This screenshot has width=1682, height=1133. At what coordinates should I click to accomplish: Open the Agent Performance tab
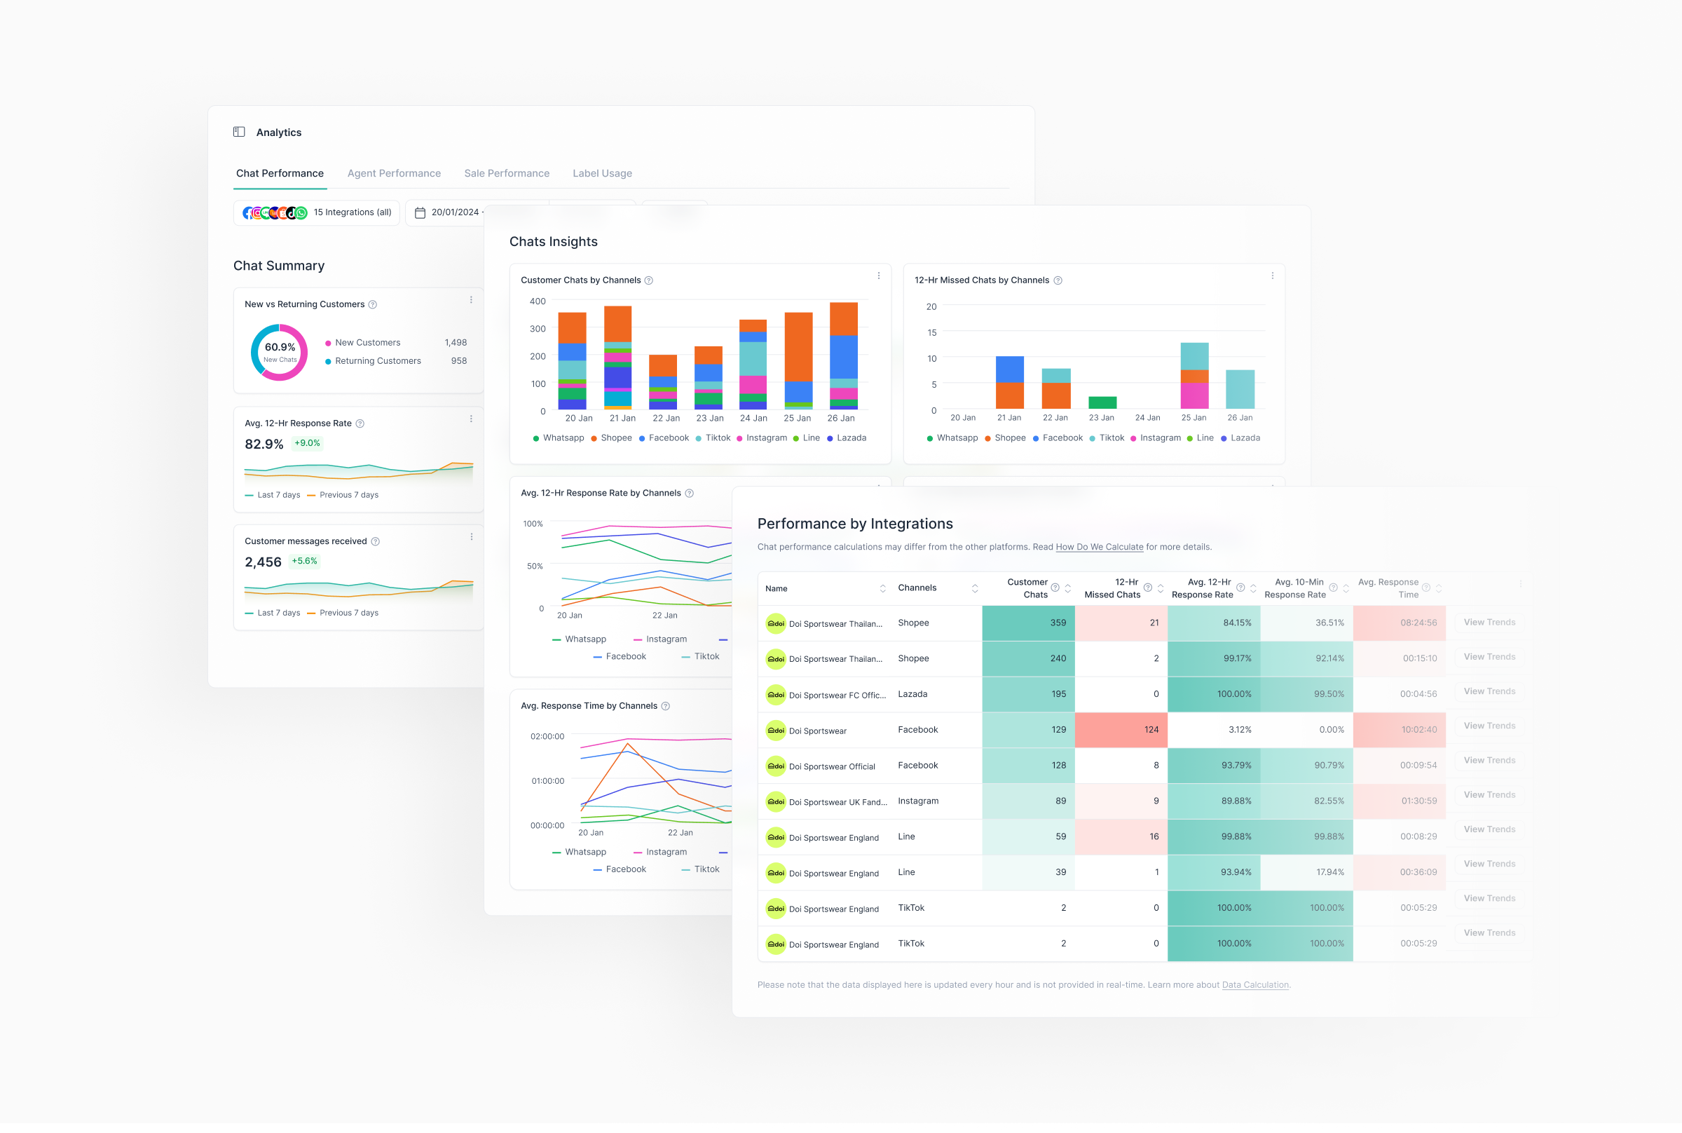point(394,173)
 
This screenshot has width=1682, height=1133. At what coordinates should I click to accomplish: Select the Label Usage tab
point(601,173)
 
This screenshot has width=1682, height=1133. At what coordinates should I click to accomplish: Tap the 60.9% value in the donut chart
point(280,348)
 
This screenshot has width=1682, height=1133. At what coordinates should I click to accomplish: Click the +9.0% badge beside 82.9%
point(307,444)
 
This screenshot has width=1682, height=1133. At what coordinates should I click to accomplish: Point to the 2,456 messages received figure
point(263,562)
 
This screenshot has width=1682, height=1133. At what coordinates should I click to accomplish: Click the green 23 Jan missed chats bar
point(1102,402)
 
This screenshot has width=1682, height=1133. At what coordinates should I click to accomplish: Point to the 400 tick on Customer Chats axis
point(538,301)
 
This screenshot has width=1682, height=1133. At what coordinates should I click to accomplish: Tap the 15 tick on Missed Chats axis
point(931,332)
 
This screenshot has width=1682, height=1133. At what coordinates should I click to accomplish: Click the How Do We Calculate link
point(1099,547)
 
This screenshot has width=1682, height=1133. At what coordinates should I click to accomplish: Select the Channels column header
point(917,588)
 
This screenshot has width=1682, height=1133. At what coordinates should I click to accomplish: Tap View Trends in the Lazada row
point(1489,691)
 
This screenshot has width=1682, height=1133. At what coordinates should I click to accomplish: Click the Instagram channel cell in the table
point(918,801)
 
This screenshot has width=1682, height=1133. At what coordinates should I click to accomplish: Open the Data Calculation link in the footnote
point(1254,985)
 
